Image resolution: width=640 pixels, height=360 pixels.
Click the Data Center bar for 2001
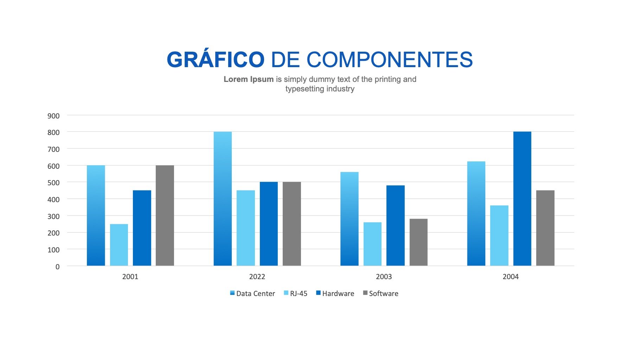[x=96, y=216]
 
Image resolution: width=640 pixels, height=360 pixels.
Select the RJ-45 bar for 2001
[x=119, y=245]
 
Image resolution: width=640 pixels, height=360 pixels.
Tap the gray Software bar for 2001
[x=165, y=216]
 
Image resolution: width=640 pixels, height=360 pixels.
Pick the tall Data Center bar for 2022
[x=223, y=199]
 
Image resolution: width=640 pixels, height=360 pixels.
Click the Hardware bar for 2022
[x=269, y=224]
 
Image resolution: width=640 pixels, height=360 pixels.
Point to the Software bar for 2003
[x=418, y=242]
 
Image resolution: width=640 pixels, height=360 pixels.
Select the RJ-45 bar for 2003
[x=372, y=244]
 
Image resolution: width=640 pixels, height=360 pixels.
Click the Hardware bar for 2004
[x=522, y=199]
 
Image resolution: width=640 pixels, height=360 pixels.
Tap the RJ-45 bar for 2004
[x=499, y=236]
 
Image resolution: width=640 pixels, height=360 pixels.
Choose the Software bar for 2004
[x=545, y=228]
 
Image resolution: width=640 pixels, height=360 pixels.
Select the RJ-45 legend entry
[x=296, y=294]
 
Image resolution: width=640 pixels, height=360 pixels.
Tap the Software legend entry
[x=381, y=294]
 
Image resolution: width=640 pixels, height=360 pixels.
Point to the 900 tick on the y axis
[x=53, y=116]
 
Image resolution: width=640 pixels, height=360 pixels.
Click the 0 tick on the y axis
[x=57, y=267]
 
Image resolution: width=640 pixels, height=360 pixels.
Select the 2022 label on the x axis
[x=257, y=277]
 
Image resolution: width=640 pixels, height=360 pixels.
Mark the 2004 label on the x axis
[x=511, y=277]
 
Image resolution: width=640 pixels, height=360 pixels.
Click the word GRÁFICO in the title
[x=215, y=60]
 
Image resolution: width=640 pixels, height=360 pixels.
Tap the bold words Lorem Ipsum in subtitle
[x=249, y=79]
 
